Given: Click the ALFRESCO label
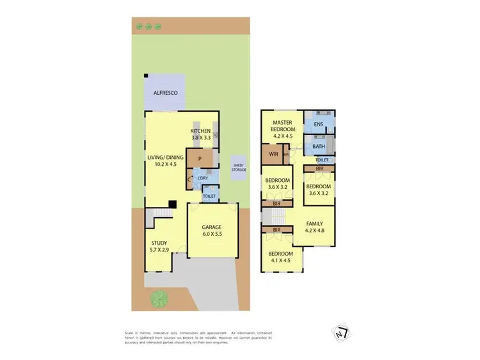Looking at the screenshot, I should tap(165, 93).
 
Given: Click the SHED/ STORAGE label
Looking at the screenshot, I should tap(238, 167).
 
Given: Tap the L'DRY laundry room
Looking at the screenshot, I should tap(204, 177).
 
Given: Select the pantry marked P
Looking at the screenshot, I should tap(200, 159).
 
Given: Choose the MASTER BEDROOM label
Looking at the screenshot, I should tap(282, 129).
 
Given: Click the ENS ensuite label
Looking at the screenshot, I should tap(318, 124).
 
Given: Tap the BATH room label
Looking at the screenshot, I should tap(319, 147).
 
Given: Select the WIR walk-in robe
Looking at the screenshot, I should tap(273, 154).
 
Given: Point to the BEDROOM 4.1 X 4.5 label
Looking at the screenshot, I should tap(282, 257).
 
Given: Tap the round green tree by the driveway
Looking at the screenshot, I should tap(157, 298).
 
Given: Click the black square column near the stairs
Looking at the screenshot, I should tap(172, 205).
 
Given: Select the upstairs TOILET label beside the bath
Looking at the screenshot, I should tap(322, 160).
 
